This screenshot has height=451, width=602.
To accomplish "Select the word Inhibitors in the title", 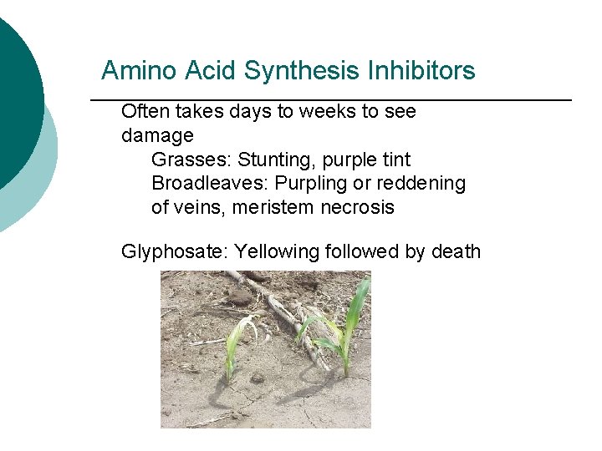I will (x=421, y=71).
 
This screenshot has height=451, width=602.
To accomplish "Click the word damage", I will (x=157, y=135).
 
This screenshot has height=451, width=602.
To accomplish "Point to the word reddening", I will (x=421, y=184).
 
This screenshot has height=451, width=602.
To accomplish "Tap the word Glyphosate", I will (x=173, y=251).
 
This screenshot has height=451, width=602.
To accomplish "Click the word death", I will (x=456, y=251).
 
